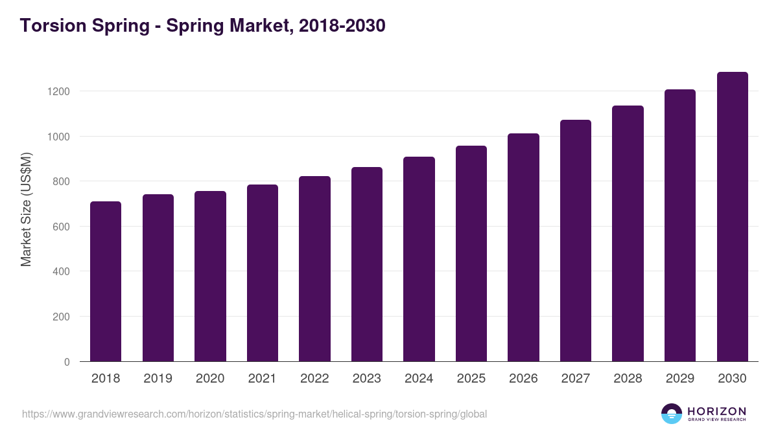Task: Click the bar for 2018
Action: click(106, 282)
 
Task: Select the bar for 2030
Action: click(732, 217)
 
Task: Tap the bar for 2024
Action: click(419, 259)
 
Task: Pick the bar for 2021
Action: click(263, 273)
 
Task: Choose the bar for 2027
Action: click(576, 241)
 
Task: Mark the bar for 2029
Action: click(680, 225)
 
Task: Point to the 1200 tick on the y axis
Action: click(58, 91)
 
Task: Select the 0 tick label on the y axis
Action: click(67, 362)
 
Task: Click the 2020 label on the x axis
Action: click(210, 379)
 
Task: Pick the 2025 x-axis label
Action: click(471, 379)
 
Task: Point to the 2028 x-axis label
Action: click(628, 379)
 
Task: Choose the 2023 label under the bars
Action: click(367, 379)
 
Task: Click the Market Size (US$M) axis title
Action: click(26, 209)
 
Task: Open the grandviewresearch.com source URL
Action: click(254, 414)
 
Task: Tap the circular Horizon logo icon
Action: click(672, 414)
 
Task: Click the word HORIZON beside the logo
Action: click(716, 411)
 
